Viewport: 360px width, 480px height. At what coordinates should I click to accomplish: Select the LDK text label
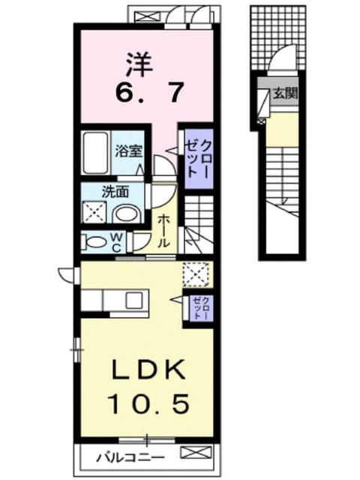149,369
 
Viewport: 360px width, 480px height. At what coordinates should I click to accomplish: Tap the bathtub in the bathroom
96,153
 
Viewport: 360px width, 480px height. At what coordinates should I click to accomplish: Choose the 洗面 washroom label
115,192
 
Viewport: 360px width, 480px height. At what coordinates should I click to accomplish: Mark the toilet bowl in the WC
94,241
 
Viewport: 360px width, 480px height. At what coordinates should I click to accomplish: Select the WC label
116,242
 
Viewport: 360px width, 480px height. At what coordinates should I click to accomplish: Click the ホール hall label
164,231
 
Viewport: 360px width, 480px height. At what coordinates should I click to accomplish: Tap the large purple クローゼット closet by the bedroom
198,159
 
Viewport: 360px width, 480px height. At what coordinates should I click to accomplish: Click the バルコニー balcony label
130,457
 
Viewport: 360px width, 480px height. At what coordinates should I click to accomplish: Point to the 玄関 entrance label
285,93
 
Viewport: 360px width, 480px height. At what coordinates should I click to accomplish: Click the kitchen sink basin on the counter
134,300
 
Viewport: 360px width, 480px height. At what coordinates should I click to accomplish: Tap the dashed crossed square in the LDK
196,274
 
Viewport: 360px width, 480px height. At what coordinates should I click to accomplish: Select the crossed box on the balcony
196,452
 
